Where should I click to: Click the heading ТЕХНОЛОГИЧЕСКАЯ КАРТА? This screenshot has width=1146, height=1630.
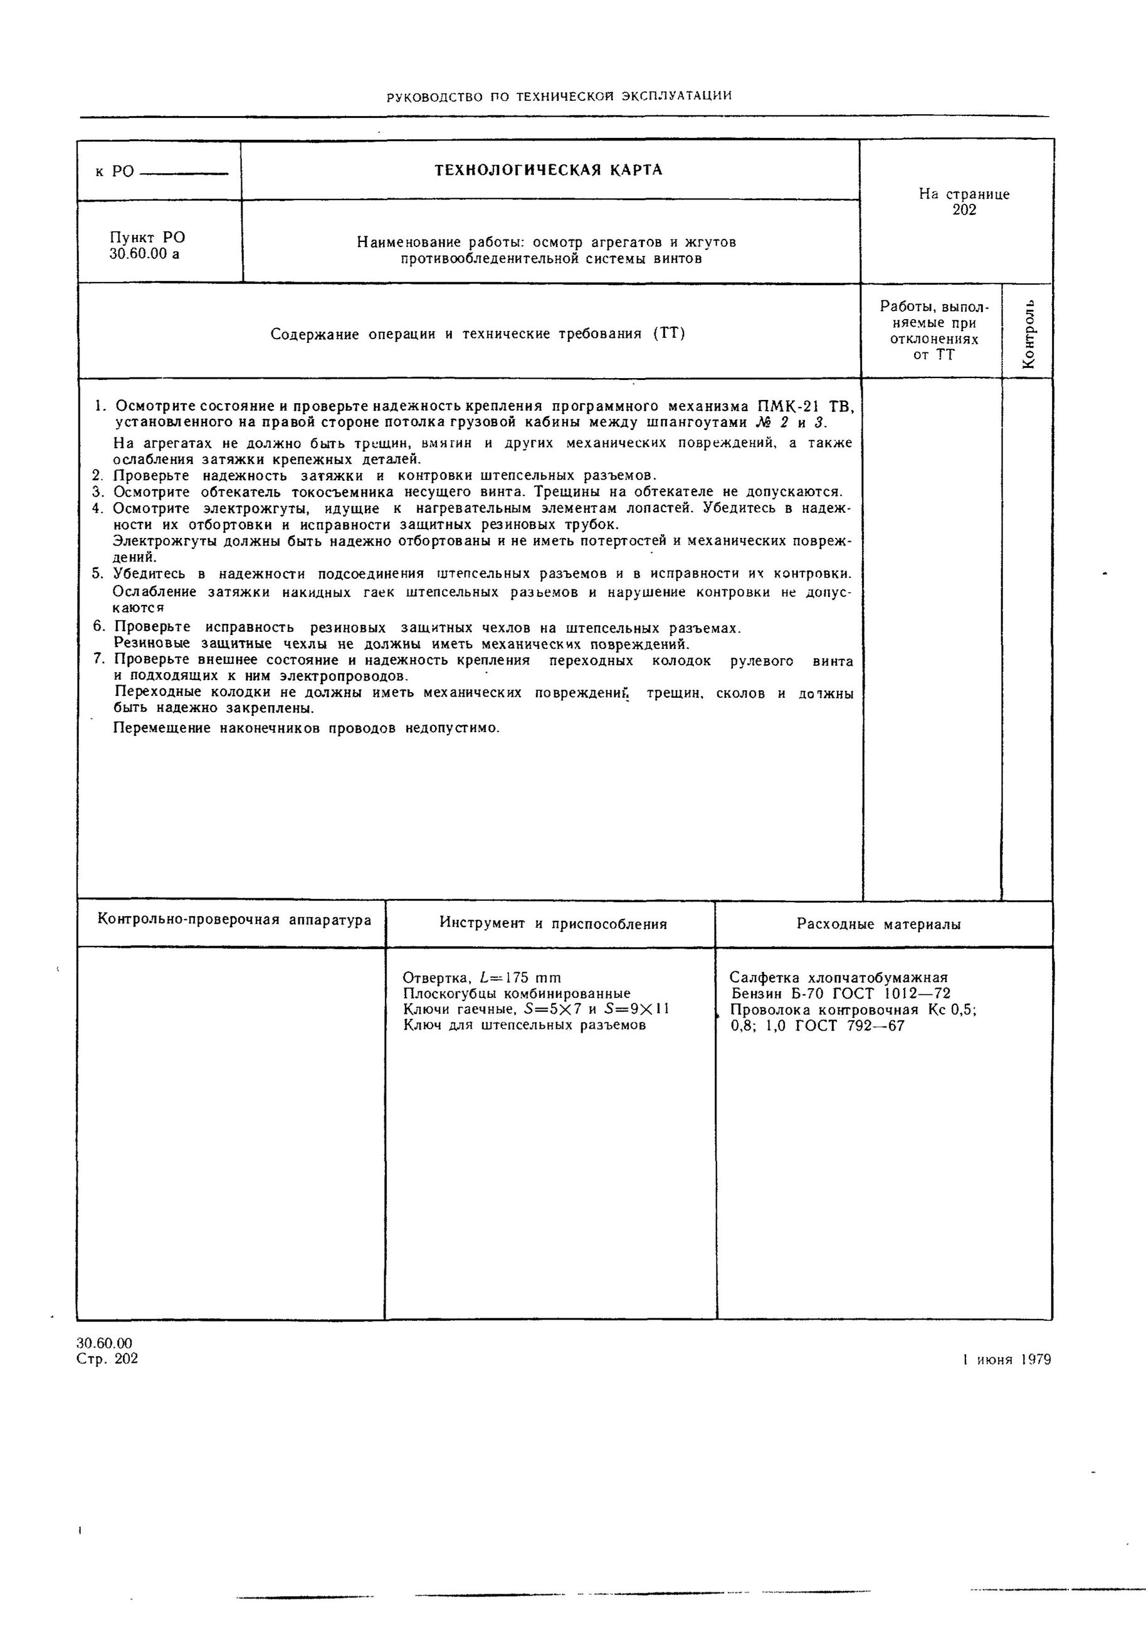[548, 171]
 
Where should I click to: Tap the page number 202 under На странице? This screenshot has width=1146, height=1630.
[964, 210]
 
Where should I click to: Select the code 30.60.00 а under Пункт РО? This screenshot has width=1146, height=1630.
[144, 254]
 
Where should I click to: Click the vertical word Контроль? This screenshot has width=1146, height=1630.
[1028, 334]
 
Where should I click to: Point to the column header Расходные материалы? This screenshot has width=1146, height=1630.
[879, 924]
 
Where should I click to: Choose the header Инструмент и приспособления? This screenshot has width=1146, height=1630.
[553, 923]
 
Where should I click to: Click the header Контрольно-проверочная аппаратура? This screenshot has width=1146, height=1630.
[234, 920]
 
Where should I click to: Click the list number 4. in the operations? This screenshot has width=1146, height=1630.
[98, 508]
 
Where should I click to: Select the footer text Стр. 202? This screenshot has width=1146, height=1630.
[107, 1359]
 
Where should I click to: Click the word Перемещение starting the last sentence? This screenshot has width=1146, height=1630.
[162, 728]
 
